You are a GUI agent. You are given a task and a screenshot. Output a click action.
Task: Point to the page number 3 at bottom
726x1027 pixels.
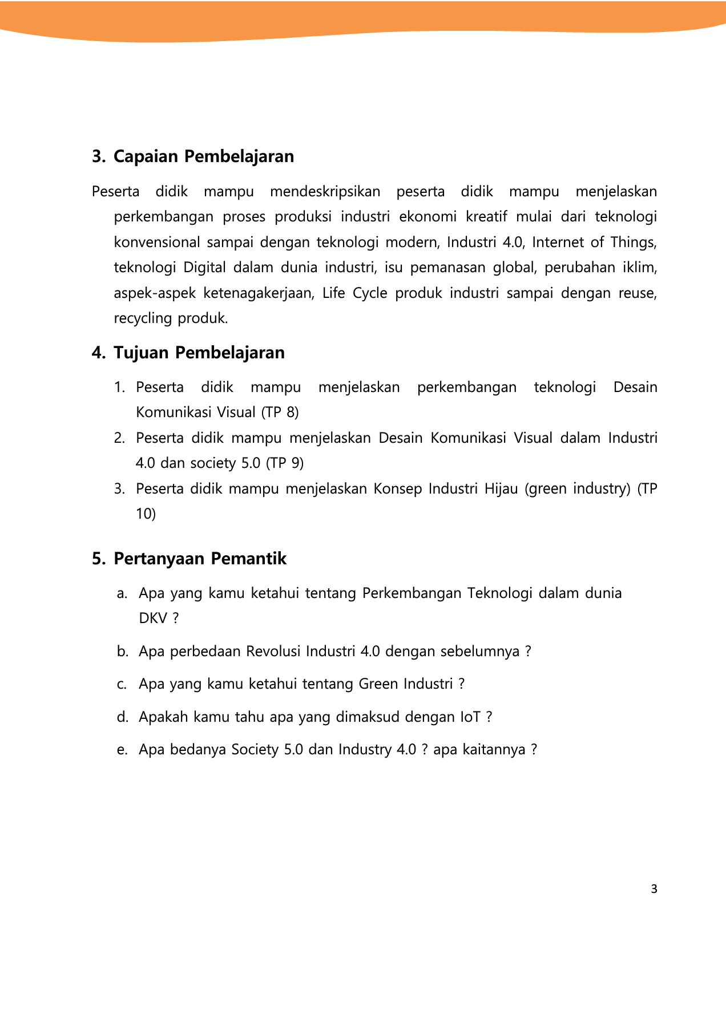[x=654, y=889]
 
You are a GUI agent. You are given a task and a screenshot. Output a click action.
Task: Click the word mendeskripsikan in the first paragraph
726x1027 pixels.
[x=325, y=192]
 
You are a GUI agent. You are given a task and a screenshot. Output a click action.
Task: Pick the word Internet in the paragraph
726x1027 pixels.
[x=558, y=242]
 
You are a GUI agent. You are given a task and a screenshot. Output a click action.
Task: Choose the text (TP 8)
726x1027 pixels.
[x=280, y=413]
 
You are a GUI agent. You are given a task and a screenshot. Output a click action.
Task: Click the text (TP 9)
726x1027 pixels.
[x=285, y=463]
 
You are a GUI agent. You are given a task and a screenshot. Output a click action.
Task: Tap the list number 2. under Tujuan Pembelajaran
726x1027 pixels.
[x=119, y=438]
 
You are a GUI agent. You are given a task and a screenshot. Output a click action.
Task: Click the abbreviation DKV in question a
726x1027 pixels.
[x=153, y=618]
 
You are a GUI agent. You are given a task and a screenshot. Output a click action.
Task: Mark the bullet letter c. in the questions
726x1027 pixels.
[x=122, y=684]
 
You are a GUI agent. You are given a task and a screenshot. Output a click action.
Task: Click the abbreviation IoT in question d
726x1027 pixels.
[x=470, y=717]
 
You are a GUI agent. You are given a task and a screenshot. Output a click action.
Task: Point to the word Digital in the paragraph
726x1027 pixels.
[x=204, y=268]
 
